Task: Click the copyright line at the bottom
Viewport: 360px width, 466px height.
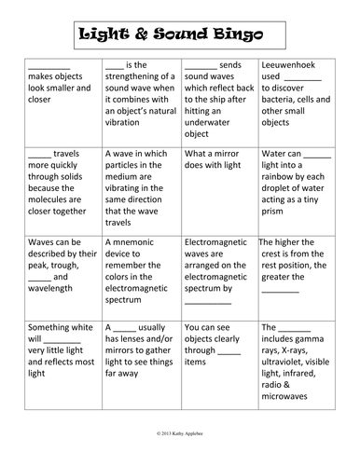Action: pos(179,434)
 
